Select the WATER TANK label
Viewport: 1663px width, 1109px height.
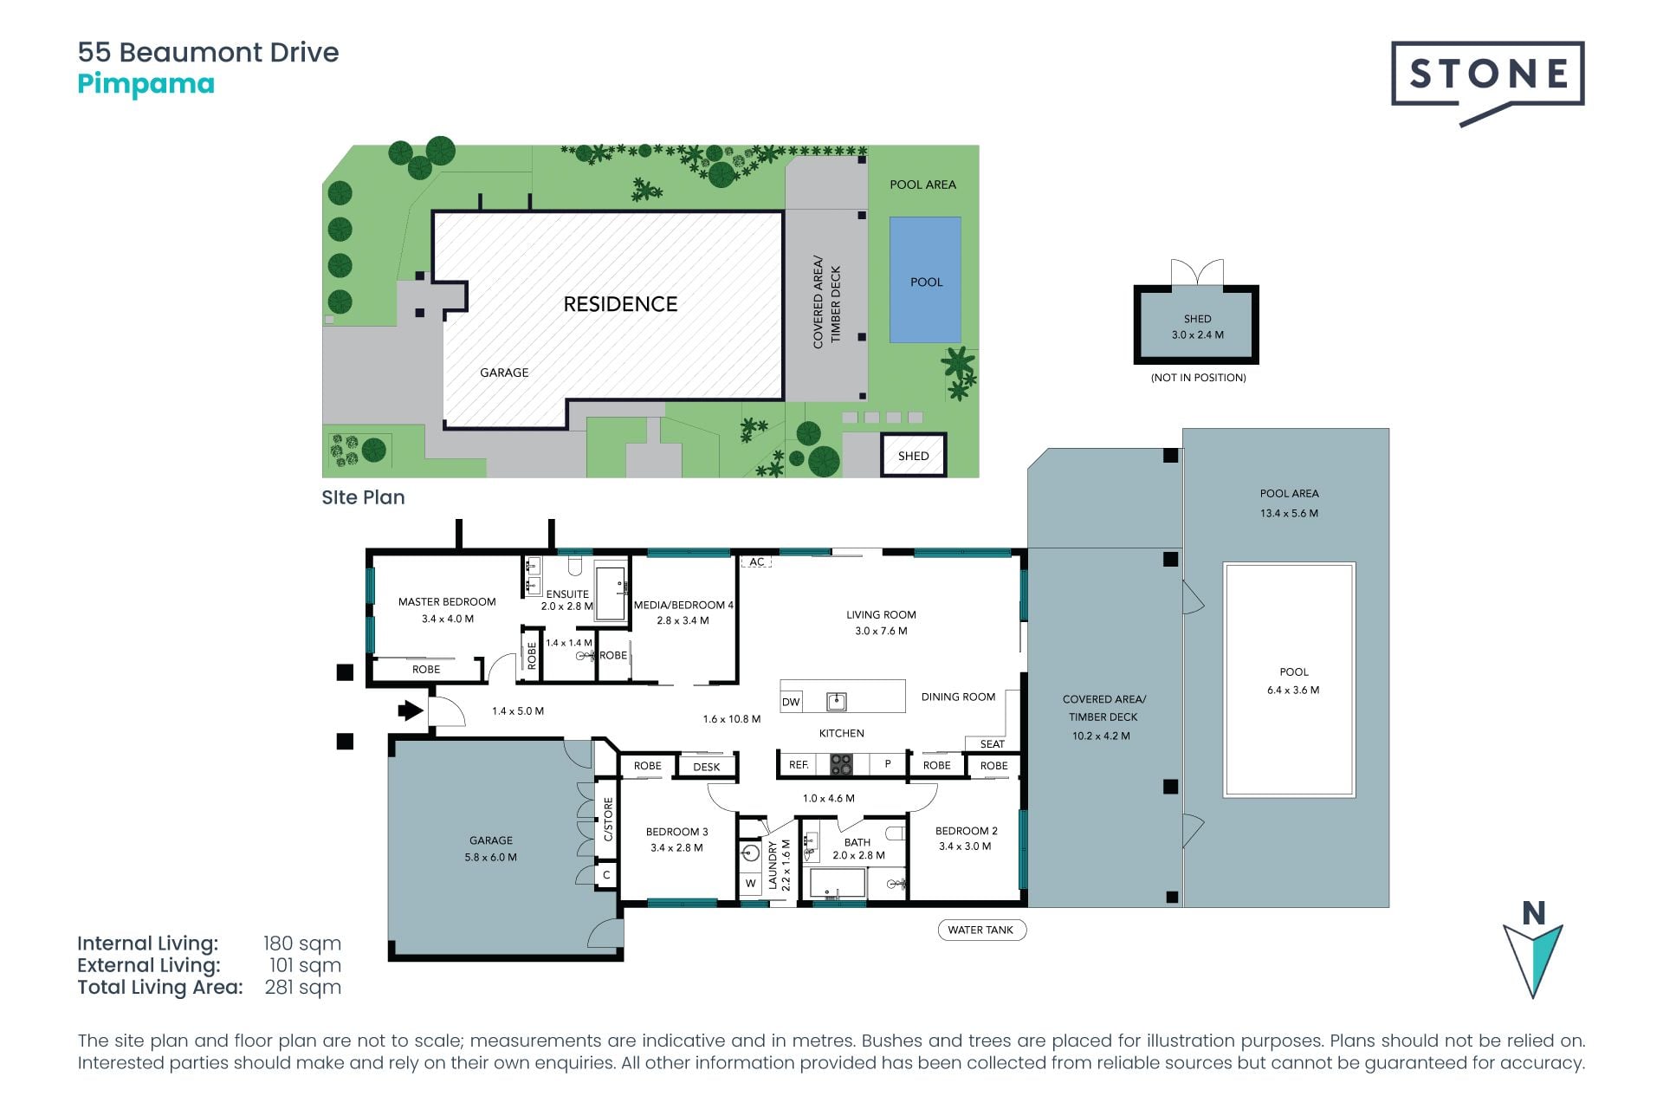coord(980,930)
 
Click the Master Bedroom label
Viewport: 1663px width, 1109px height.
coord(447,601)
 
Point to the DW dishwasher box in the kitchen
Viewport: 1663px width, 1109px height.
coord(791,702)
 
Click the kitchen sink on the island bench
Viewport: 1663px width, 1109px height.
coord(836,701)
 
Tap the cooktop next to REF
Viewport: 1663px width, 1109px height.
coord(842,764)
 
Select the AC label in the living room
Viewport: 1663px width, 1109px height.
coord(757,561)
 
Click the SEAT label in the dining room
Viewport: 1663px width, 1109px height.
coord(993,743)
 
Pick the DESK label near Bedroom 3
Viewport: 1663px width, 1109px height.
coord(707,767)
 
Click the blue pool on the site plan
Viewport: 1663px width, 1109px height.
coord(925,280)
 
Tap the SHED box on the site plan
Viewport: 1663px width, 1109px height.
coord(914,455)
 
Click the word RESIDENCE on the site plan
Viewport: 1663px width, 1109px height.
coord(620,304)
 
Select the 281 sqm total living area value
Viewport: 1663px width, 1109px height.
coord(303,987)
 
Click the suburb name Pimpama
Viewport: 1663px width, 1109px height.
coord(146,85)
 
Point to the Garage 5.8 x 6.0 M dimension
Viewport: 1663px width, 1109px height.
coord(491,857)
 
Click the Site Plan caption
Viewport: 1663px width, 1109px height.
coord(363,497)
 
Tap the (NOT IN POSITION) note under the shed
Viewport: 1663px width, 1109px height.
coord(1198,378)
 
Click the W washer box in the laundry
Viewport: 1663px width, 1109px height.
coord(751,884)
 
